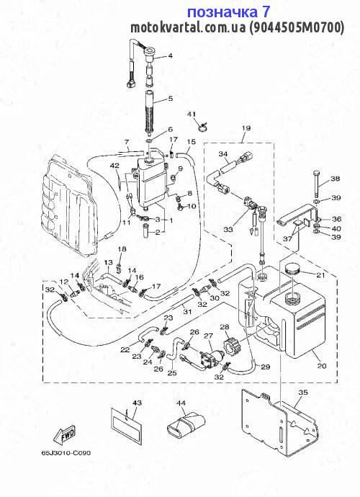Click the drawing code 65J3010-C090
(x=66, y=452)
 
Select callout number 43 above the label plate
(x=138, y=403)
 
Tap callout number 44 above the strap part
(x=181, y=403)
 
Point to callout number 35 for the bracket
(x=303, y=393)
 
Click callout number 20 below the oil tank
(x=322, y=366)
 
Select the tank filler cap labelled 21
(x=292, y=270)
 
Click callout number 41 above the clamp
(x=192, y=114)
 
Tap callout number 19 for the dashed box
(x=246, y=128)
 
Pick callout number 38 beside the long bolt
(x=335, y=179)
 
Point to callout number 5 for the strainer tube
(x=171, y=99)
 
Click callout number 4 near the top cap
(x=171, y=55)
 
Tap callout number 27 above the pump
(x=208, y=336)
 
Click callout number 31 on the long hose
(x=188, y=312)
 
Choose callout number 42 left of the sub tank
(x=114, y=166)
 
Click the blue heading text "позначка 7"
(x=228, y=12)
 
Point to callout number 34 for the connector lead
(x=223, y=154)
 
